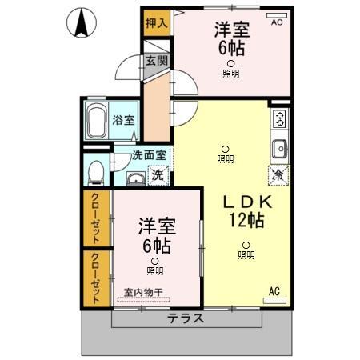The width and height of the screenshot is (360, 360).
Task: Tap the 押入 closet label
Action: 157,23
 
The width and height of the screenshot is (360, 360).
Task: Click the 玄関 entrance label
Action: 155,62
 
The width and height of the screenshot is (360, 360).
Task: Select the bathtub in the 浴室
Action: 97,121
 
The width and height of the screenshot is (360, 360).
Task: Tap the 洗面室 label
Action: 149,157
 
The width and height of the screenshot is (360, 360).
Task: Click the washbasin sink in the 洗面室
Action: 134,177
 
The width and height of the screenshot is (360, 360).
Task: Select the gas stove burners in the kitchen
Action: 280,121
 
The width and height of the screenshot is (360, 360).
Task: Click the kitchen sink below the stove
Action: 280,150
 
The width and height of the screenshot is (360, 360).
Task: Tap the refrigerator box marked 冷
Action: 278,174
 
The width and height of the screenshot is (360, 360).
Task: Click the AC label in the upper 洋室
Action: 277,23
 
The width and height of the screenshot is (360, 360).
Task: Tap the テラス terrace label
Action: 186,317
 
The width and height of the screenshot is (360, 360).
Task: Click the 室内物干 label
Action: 144,292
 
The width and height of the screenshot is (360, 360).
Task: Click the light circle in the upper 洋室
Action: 230,63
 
